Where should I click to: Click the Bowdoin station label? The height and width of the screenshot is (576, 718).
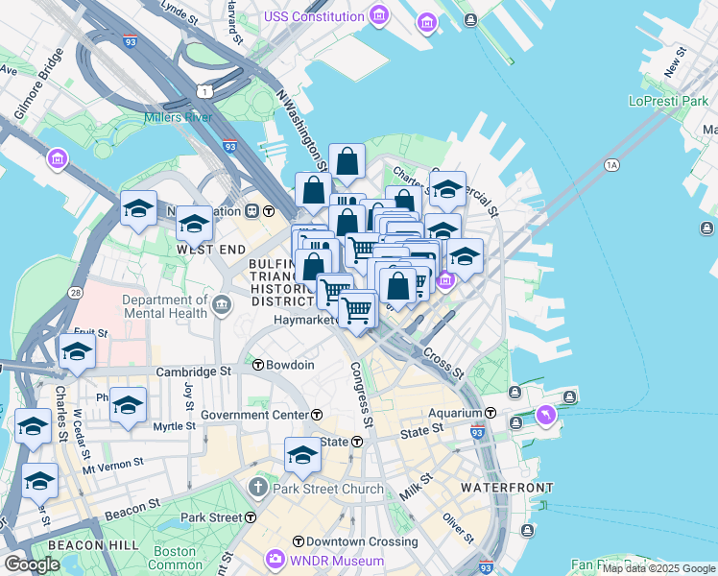click(x=290, y=365)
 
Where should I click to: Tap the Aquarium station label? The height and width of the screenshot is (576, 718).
click(x=454, y=413)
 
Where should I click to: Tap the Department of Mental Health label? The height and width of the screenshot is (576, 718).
click(x=165, y=306)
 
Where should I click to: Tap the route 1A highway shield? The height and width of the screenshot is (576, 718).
click(x=611, y=165)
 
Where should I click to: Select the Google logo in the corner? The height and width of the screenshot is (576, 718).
click(x=33, y=564)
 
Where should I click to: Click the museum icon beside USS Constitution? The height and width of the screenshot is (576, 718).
click(x=380, y=15)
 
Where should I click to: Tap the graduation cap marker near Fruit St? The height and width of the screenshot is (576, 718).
click(x=77, y=352)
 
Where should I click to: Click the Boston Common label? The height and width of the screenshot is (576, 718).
click(x=176, y=559)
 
